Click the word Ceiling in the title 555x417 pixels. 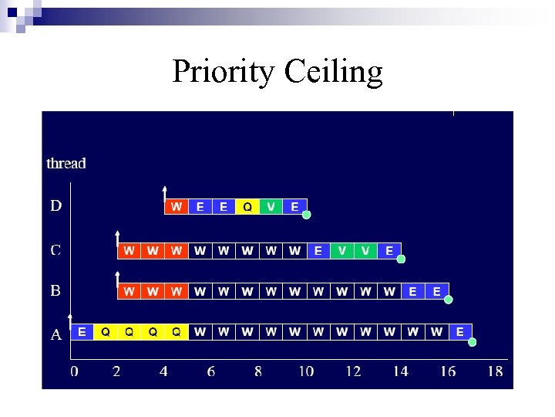(x=333, y=72)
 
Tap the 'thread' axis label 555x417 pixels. (x=66, y=163)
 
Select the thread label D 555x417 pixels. (x=56, y=206)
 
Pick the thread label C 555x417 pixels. (x=56, y=250)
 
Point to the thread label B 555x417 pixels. (x=56, y=291)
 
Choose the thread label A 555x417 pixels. (x=56, y=335)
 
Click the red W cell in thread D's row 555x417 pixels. (x=177, y=207)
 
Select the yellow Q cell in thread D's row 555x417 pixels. (x=247, y=207)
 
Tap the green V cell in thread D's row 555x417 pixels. (x=271, y=207)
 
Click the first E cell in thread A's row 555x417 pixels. (x=82, y=332)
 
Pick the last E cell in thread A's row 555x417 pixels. (x=460, y=332)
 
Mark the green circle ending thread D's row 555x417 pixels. (x=306, y=215)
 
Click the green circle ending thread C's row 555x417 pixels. (x=401, y=259)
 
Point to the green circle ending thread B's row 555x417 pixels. (x=449, y=300)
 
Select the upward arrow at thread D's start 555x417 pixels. (x=164, y=193)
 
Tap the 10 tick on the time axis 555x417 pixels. (x=306, y=371)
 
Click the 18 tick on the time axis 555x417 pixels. (x=495, y=371)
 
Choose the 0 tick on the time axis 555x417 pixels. (x=74, y=371)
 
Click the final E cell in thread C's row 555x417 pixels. (x=389, y=251)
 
